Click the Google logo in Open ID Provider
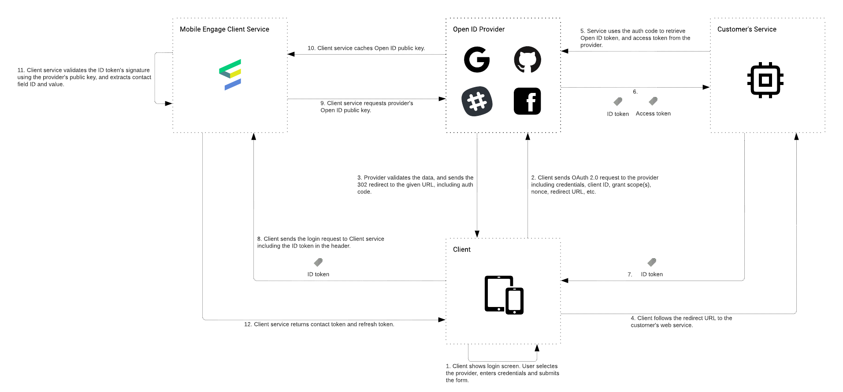(x=477, y=59)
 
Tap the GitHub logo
(x=527, y=59)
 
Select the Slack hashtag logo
(x=477, y=101)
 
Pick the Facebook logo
(x=527, y=101)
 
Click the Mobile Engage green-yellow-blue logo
(x=230, y=75)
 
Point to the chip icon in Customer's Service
(x=765, y=80)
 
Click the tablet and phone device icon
(x=504, y=295)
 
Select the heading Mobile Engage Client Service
(x=224, y=29)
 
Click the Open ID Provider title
(x=479, y=29)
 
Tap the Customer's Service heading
(x=746, y=29)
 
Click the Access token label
(x=653, y=114)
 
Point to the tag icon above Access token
(x=653, y=101)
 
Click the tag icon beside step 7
(x=652, y=262)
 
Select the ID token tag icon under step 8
(x=318, y=262)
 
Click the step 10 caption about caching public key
(x=366, y=48)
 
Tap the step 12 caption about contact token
(x=319, y=324)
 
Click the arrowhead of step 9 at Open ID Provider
(x=442, y=99)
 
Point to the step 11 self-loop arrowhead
(x=168, y=104)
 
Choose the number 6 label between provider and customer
(x=635, y=92)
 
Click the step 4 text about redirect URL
(x=681, y=322)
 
